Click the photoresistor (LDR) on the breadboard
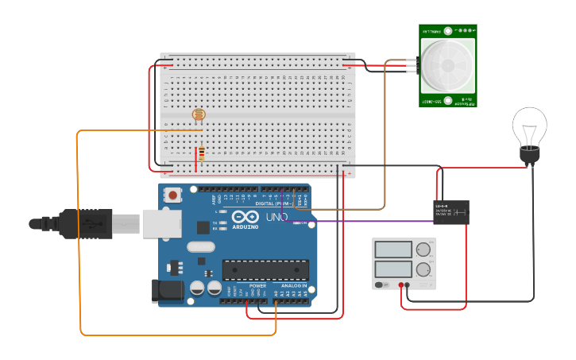[x=199, y=116]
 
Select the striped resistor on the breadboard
[x=201, y=153]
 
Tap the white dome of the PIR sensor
[x=446, y=65]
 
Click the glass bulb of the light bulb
[x=529, y=126]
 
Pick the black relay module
[x=450, y=212]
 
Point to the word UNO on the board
[x=276, y=217]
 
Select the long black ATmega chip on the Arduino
[x=265, y=270]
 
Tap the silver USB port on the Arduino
[x=162, y=223]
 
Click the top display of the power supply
[x=392, y=249]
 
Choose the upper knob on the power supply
[x=423, y=248]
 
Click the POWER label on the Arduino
[x=257, y=285]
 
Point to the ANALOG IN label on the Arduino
[x=293, y=285]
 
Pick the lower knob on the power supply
[x=423, y=269]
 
